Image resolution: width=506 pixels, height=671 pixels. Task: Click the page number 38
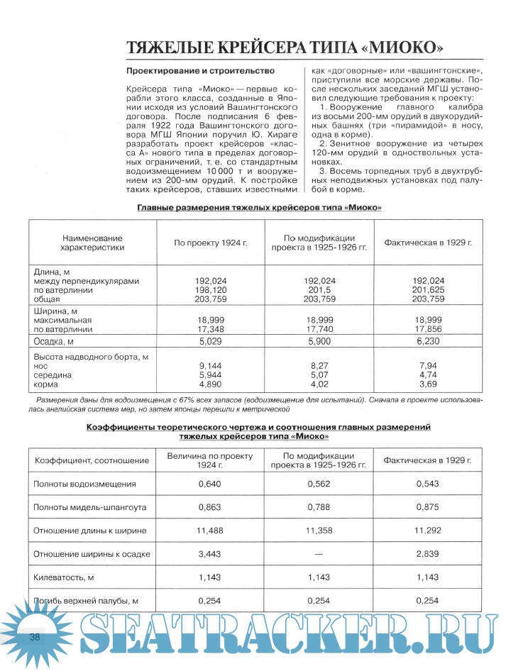[34, 637]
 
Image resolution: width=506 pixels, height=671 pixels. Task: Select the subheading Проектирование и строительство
[201, 72]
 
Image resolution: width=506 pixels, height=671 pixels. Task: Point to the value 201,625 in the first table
[428, 290]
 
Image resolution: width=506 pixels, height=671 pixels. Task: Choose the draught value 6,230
[428, 341]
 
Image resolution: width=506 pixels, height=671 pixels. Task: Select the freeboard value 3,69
[428, 384]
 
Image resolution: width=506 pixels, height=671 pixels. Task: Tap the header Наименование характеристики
[93, 243]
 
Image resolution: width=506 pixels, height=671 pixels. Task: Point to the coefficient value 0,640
[210, 484]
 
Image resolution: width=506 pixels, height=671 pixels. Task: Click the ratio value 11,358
[319, 531]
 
